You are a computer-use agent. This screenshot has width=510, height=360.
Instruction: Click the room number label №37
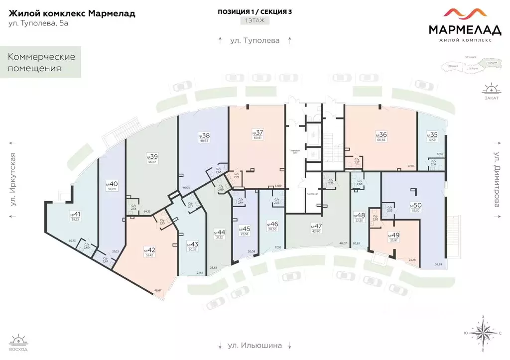pos(257,132)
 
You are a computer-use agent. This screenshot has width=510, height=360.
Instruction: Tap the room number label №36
pos(381,134)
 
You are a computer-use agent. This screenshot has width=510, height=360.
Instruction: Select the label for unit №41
pos(75,214)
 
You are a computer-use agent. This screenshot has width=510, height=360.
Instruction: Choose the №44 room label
pos(219,233)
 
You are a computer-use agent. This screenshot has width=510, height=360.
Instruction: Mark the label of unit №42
pos(148,249)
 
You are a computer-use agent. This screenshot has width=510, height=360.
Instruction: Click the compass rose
pos(482,333)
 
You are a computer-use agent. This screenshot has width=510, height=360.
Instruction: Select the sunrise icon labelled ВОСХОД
pos(18,342)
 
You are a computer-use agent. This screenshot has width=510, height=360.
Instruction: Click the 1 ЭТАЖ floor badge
pos(255,21)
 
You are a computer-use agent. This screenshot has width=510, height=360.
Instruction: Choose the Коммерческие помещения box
pos(41,62)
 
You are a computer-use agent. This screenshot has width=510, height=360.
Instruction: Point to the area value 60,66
pos(381,140)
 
